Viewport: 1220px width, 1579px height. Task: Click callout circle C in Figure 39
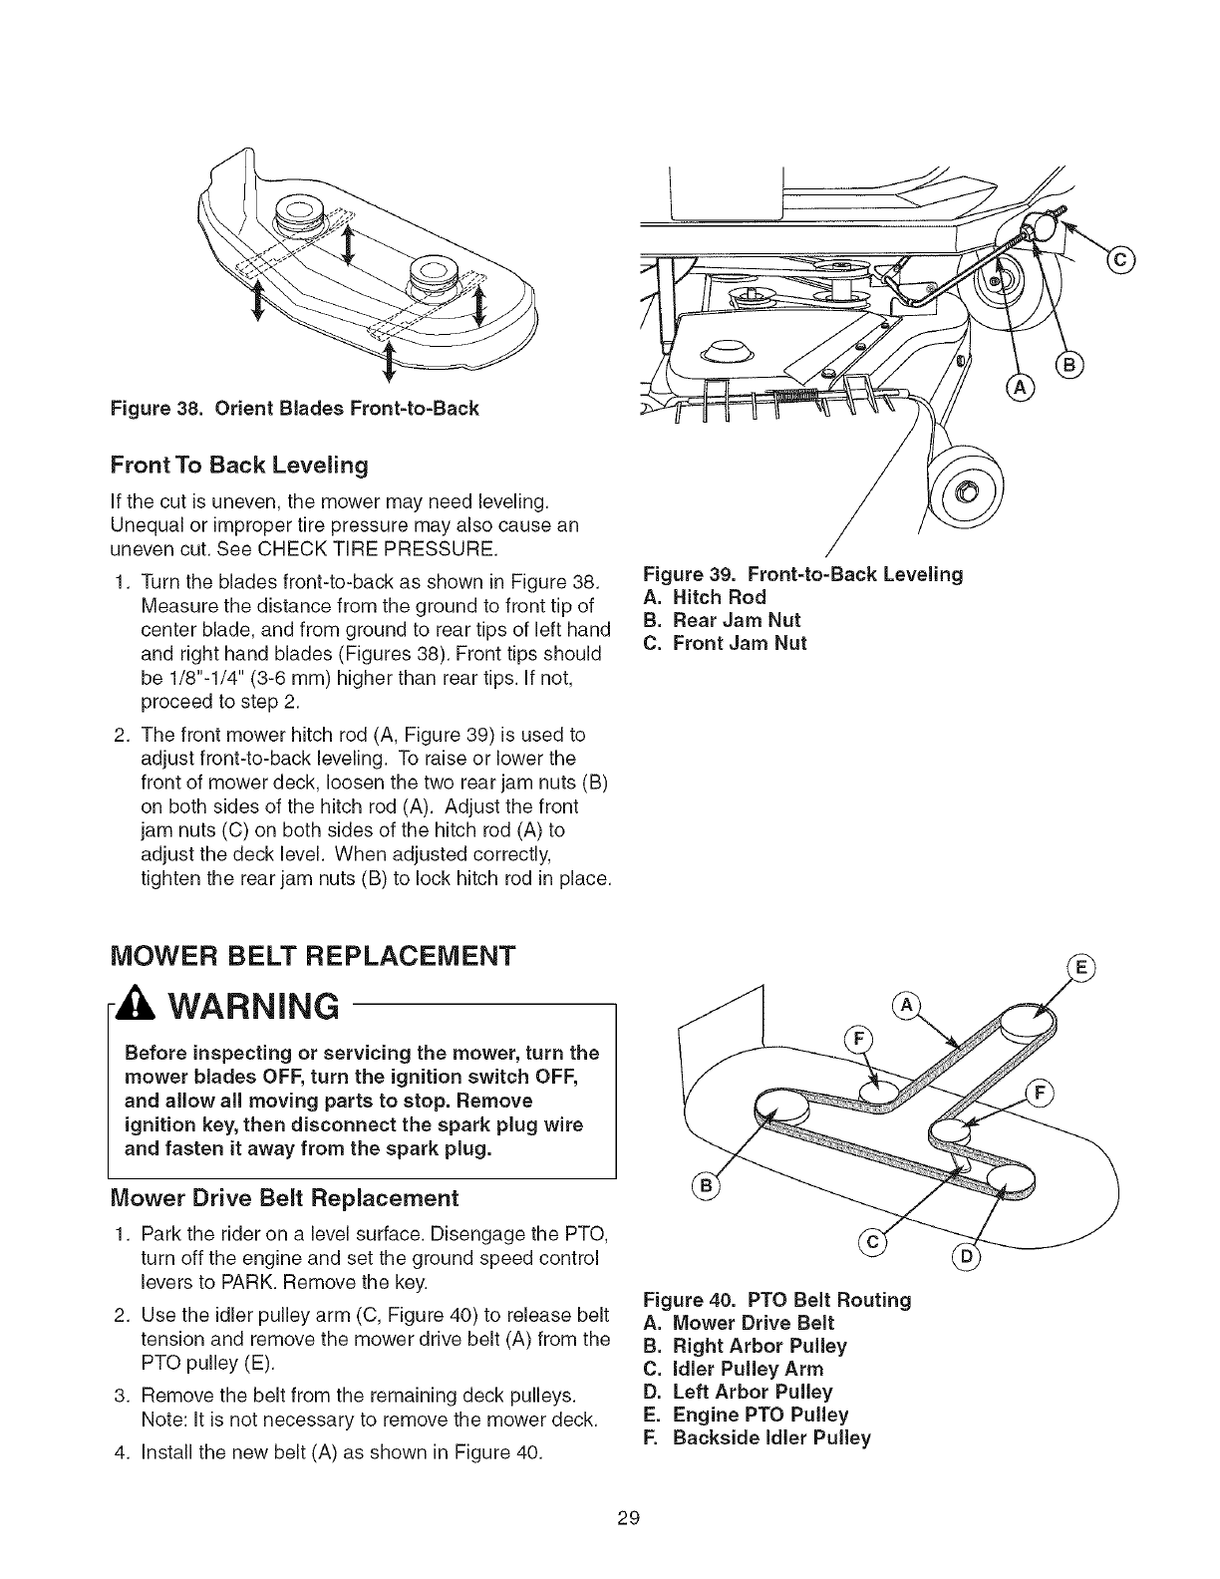(1120, 261)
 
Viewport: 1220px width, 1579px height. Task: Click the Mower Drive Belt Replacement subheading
(284, 1196)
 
